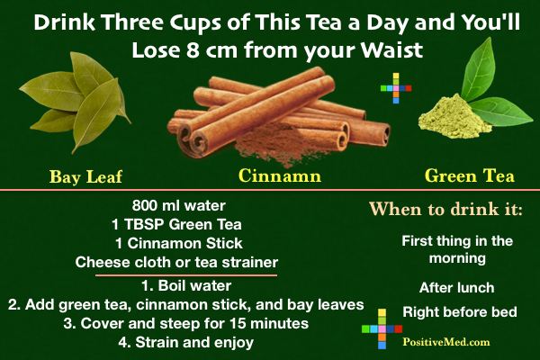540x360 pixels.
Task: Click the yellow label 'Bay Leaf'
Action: [85, 177]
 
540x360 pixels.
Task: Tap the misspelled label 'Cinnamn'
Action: [280, 175]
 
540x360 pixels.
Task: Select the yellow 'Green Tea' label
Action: [470, 175]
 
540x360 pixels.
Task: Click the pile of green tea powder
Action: [454, 117]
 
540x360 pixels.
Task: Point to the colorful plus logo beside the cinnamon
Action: [396, 88]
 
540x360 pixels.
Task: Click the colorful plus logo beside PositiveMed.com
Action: [382, 329]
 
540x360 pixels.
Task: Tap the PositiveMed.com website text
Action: [446, 342]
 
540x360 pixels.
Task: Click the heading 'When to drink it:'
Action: [445, 209]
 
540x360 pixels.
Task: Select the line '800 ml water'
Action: [179, 206]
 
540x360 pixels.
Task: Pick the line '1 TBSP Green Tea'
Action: [176, 225]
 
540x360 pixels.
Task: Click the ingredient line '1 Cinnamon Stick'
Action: [179, 244]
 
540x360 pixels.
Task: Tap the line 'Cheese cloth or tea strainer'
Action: [176, 263]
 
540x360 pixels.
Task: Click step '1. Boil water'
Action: [186, 286]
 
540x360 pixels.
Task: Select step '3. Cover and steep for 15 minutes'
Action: [186, 324]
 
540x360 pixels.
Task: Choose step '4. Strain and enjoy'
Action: [186, 343]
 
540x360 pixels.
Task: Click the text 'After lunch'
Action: [456, 288]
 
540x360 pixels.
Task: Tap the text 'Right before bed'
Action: [460, 312]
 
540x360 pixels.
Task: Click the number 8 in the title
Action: [193, 50]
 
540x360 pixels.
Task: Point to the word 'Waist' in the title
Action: [391, 50]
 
